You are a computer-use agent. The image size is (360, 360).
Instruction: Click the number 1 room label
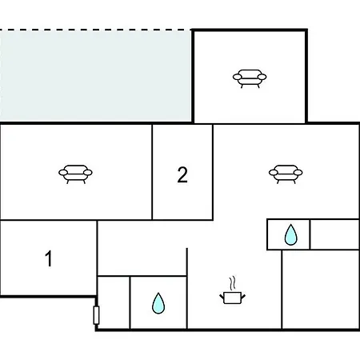click(x=49, y=258)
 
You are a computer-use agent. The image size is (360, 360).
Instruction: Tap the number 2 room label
click(x=182, y=174)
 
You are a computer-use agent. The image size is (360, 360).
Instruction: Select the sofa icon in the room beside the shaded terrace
click(x=250, y=78)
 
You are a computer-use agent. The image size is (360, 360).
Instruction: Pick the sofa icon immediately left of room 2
click(x=75, y=174)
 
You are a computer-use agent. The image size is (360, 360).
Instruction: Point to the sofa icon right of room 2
click(x=286, y=174)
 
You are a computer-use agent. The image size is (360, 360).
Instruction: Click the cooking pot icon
click(x=233, y=298)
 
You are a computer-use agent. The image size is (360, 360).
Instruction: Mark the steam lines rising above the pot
click(x=233, y=283)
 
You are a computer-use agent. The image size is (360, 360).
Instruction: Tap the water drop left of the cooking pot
click(x=158, y=303)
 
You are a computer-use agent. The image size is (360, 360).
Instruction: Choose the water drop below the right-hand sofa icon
click(x=290, y=234)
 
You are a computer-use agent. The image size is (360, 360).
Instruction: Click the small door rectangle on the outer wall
click(x=96, y=315)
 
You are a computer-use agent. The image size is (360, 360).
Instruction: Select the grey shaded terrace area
click(x=95, y=76)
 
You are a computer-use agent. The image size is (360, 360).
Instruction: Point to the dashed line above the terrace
click(x=95, y=30)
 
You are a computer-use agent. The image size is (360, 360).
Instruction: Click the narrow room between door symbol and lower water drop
click(x=114, y=302)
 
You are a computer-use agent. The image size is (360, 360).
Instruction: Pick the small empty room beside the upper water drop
click(x=334, y=234)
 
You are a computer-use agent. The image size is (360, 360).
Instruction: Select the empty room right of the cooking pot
click(x=321, y=290)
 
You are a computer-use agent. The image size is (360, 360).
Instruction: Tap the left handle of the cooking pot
click(x=222, y=296)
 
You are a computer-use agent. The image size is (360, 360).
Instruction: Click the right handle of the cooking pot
click(x=243, y=296)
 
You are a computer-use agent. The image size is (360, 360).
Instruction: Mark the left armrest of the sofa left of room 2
click(x=63, y=173)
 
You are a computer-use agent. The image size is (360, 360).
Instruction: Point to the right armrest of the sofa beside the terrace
click(x=262, y=77)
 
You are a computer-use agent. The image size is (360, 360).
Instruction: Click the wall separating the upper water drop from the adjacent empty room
click(x=310, y=234)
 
